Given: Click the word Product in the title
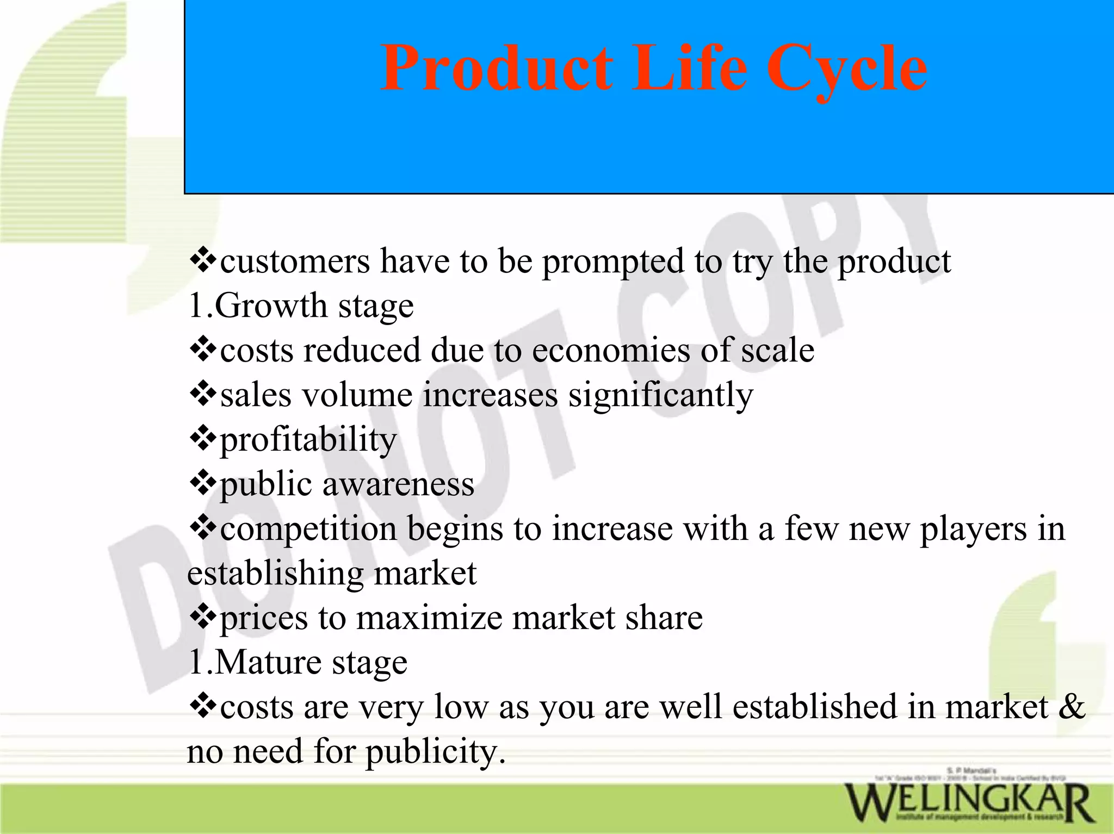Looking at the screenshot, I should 496,69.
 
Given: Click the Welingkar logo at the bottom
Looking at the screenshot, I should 968,801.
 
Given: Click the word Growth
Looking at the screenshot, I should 270,306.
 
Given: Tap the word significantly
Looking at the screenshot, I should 661,396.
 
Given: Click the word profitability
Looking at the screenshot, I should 308,440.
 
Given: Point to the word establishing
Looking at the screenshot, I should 275,574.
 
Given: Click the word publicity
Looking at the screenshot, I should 435,752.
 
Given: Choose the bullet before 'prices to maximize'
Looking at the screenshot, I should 202,618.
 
